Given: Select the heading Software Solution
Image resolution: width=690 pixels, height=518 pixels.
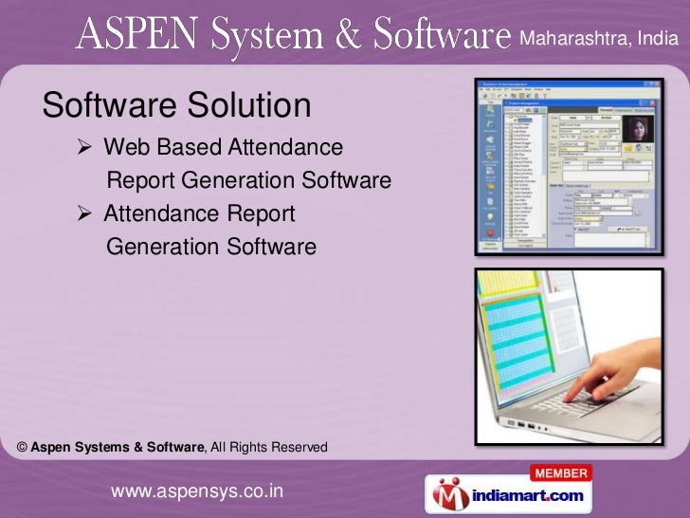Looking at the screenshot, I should pos(177,105).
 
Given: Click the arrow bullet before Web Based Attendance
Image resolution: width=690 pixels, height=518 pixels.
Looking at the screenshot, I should pos(83,148).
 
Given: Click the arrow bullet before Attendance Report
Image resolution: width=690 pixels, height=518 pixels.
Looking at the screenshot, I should pos(83,214).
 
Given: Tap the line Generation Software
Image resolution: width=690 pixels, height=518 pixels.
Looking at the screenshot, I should pos(211,248).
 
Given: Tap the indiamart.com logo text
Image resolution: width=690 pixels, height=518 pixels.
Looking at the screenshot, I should pos(531,495).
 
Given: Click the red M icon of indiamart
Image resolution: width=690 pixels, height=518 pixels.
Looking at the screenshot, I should pos(449,493).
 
